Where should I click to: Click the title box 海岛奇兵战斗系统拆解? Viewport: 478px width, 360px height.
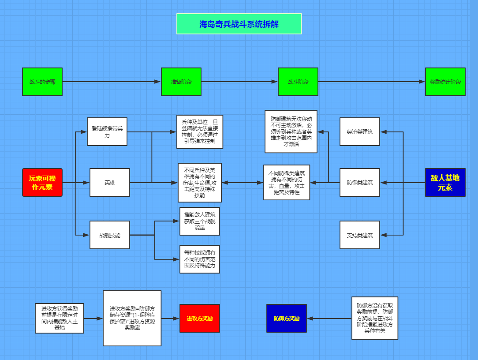(x=239, y=24)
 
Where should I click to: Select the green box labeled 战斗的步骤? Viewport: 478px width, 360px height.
(x=42, y=82)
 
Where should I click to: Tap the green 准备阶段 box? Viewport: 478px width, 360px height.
(x=181, y=82)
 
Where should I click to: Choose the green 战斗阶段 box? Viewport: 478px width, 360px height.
(x=298, y=82)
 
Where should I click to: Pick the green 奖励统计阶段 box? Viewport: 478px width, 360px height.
(x=445, y=82)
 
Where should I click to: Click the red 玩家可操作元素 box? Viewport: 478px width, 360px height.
(x=42, y=182)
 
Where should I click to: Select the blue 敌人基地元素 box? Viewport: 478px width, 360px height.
(x=445, y=182)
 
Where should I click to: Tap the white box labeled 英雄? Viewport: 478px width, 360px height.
(x=110, y=182)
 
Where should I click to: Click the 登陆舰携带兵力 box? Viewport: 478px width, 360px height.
(x=107, y=131)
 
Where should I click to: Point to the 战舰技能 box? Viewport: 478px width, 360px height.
(x=110, y=235)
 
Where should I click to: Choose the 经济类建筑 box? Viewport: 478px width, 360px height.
(x=359, y=131)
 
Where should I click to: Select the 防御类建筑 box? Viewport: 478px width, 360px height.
(x=359, y=182)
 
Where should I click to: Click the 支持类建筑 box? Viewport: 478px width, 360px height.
(x=359, y=235)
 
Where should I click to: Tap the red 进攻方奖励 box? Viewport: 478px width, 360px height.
(x=199, y=318)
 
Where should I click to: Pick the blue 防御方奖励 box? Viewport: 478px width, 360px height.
(x=286, y=318)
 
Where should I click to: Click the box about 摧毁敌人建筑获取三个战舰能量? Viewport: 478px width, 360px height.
(x=199, y=221)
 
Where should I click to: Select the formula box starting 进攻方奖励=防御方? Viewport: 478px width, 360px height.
(x=132, y=318)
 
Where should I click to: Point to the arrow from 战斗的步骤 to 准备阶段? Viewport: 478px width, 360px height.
(x=110, y=82)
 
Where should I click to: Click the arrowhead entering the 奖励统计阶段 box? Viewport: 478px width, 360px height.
(x=422, y=82)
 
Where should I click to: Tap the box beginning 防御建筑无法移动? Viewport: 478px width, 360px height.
(x=291, y=131)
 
